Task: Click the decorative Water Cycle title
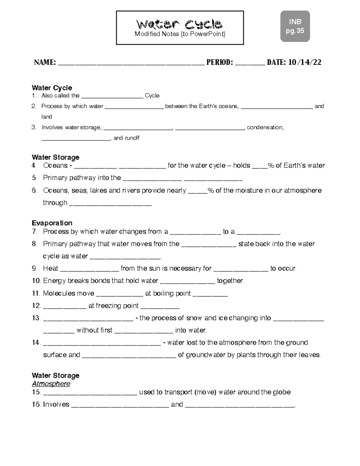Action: (x=179, y=23)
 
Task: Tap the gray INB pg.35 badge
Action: (x=295, y=26)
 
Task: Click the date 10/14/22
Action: (x=305, y=62)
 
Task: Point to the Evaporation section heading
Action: (x=52, y=223)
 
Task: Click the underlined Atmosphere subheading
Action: (x=51, y=384)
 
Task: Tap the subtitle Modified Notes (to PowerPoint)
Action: (x=180, y=34)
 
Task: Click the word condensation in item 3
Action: (x=265, y=128)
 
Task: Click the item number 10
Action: (x=36, y=281)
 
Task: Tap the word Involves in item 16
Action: (x=56, y=404)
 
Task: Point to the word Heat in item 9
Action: (x=50, y=269)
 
